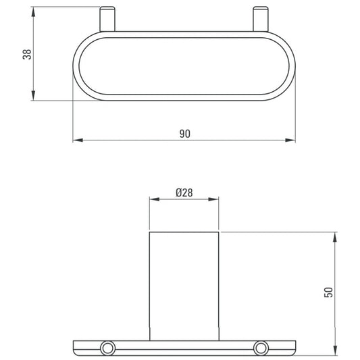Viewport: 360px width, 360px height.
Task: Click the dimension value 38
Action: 27,55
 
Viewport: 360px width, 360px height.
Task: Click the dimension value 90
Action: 185,134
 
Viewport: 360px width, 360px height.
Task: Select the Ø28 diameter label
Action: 184,193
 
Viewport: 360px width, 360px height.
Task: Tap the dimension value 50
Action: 328,292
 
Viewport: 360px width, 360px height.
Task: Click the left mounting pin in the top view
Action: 107,19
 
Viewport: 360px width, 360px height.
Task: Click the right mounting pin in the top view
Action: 261,19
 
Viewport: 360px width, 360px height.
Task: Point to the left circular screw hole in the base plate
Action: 107,349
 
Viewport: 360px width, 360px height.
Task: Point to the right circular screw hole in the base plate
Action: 261,349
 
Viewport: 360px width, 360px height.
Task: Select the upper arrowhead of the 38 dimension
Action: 33,12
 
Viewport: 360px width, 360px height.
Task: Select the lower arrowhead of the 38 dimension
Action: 33,95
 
